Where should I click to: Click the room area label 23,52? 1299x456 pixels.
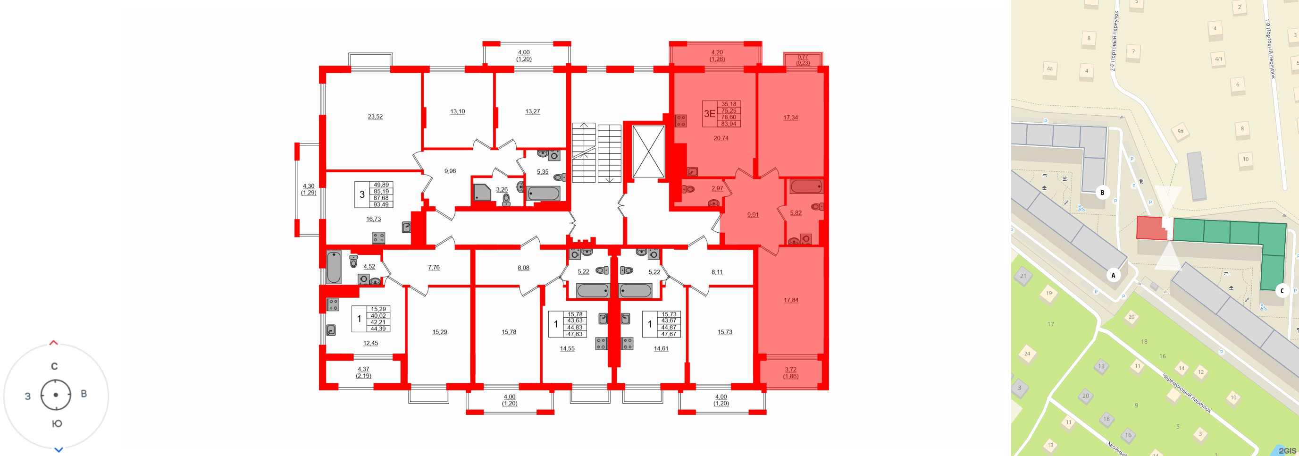[x=375, y=117]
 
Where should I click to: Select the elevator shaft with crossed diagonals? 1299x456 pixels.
[x=648, y=152]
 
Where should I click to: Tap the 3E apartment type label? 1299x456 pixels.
[x=709, y=113]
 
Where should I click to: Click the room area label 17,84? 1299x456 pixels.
[x=791, y=300]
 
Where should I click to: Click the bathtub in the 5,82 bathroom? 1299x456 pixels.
[x=806, y=186]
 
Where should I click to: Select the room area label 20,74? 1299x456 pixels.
[x=721, y=138]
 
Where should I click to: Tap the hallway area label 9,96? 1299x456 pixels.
[x=450, y=171]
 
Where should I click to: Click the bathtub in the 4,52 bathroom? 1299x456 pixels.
[x=333, y=267]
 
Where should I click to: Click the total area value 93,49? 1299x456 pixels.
[x=381, y=205]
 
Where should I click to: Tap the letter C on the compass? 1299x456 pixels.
[x=54, y=366]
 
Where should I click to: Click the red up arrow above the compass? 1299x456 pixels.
[x=53, y=343]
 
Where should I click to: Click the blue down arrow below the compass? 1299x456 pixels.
[x=59, y=450]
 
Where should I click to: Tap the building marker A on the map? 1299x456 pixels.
[x=1113, y=275]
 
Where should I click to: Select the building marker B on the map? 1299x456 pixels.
[x=1102, y=192]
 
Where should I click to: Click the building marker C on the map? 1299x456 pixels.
[x=1282, y=291]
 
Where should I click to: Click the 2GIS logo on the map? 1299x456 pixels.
[x=1286, y=450]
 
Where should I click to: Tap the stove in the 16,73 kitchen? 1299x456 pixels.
[x=378, y=237]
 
